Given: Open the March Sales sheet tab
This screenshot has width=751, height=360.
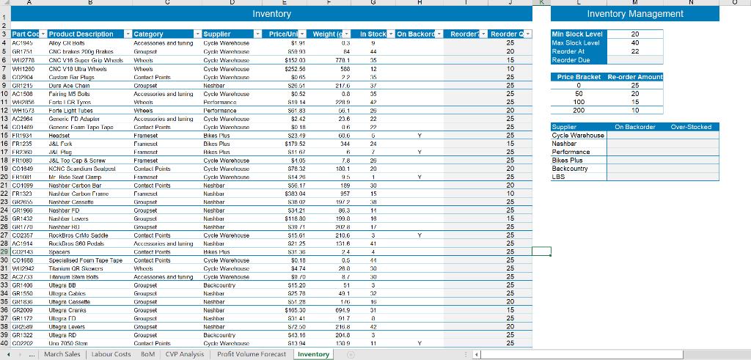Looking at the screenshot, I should [x=62, y=354].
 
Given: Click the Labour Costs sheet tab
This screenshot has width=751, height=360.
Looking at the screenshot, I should [x=110, y=354].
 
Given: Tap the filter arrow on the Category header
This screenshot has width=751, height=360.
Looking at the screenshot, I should [x=197, y=34].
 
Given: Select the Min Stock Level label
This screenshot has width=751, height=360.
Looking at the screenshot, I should [x=578, y=34].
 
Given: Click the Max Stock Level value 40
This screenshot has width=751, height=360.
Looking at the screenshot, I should [x=634, y=43].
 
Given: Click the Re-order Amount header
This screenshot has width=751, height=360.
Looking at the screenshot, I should [x=634, y=77].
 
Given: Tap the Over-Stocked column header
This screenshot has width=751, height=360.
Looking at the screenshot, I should [x=692, y=127].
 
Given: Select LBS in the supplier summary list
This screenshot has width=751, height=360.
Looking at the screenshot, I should [x=558, y=177].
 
